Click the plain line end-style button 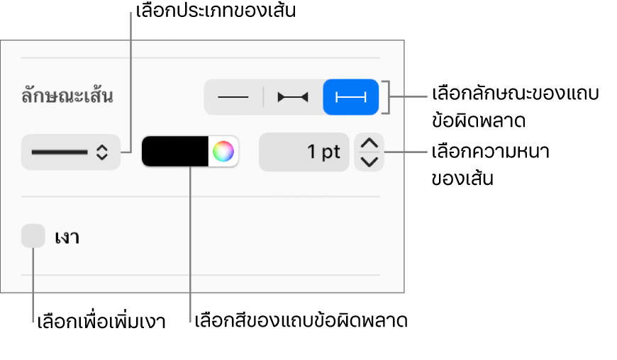pyautogui.click(x=233, y=97)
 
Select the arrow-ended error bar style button pyautogui.click(x=293, y=97)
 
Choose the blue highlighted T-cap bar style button pyautogui.click(x=350, y=97)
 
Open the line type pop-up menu pyautogui.click(x=71, y=152)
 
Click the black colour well pyautogui.click(x=174, y=152)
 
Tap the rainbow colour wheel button pyautogui.click(x=223, y=152)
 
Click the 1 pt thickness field pyautogui.click(x=304, y=152)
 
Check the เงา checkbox pyautogui.click(x=33, y=236)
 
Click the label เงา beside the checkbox pyautogui.click(x=67, y=237)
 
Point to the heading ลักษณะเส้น pyautogui.click(x=67, y=96)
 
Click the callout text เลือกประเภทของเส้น pyautogui.click(x=216, y=11)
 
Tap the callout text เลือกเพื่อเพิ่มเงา pyautogui.click(x=101, y=322)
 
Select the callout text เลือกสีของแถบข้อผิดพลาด pyautogui.click(x=301, y=321)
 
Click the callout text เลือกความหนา pyautogui.click(x=490, y=152)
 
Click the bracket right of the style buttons pyautogui.click(x=389, y=97)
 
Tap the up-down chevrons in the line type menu pyautogui.click(x=102, y=152)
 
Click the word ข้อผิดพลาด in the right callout pyautogui.click(x=479, y=120)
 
